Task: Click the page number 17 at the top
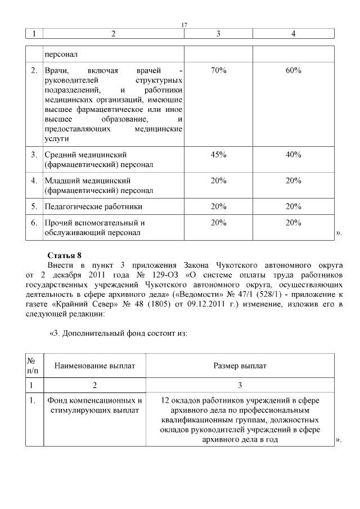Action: [184, 25]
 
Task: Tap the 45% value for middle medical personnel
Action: [218, 155]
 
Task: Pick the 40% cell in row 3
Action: [293, 155]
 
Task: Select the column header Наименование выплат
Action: [94, 366]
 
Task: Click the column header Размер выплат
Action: [240, 366]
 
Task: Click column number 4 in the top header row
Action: [293, 34]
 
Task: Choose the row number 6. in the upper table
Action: [34, 223]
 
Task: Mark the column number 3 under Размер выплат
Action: [240, 385]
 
